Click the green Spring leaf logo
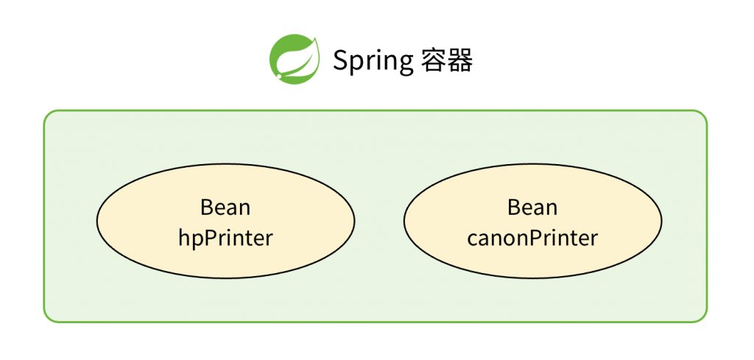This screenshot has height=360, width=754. (x=295, y=59)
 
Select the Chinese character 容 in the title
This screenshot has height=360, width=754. (x=432, y=60)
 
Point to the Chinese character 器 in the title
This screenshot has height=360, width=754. (x=459, y=60)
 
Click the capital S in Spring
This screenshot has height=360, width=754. (x=341, y=60)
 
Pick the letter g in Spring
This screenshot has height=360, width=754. (x=406, y=65)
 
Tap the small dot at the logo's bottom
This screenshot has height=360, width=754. (x=278, y=76)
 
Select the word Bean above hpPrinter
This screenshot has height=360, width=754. (x=225, y=208)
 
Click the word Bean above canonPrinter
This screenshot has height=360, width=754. (x=532, y=208)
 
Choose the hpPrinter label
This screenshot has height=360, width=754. (x=225, y=238)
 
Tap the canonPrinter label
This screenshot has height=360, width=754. (x=532, y=238)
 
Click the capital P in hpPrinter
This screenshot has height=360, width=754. (x=212, y=238)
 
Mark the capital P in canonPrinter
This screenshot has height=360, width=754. (x=537, y=238)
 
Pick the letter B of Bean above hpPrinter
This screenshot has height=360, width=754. (x=207, y=208)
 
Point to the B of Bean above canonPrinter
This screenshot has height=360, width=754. (x=513, y=208)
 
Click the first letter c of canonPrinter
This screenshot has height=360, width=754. (x=472, y=240)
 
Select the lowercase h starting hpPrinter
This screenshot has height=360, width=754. (x=185, y=237)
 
